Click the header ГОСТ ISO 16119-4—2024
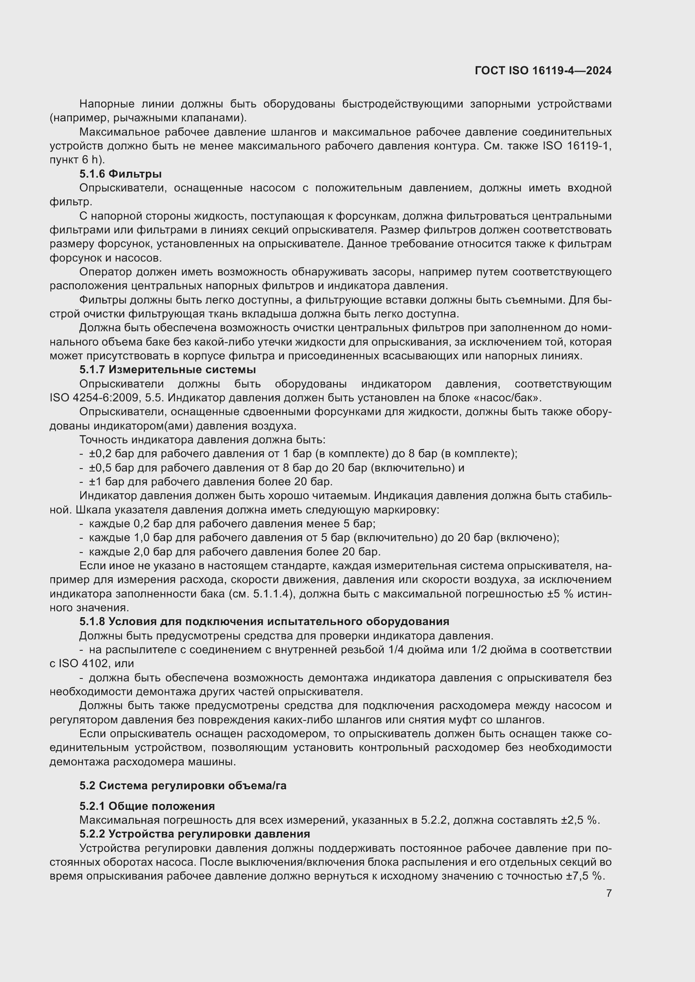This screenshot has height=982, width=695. (542, 71)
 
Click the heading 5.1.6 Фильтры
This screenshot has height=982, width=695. (120, 174)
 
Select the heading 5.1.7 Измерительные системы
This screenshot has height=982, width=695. (167, 369)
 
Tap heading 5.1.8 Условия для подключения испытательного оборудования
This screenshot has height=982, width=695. (264, 621)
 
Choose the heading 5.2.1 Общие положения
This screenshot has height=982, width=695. (147, 806)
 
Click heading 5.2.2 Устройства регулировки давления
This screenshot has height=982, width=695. (194, 834)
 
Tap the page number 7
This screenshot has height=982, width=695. (608, 893)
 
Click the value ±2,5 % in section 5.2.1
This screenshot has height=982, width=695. (580, 820)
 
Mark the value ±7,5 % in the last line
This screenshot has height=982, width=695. (584, 876)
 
